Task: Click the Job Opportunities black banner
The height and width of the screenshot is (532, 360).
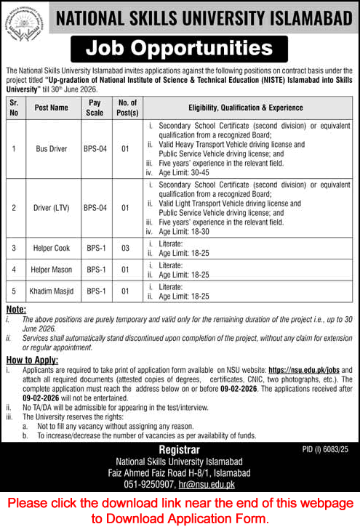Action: pos(179,49)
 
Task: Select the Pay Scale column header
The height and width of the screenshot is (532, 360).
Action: pos(95,108)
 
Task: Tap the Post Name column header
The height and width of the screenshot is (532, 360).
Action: pos(51,108)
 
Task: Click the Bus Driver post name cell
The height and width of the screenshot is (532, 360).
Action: pos(51,149)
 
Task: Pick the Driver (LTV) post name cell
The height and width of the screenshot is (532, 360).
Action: pos(51,207)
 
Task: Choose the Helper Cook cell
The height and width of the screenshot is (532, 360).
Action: pos(51,248)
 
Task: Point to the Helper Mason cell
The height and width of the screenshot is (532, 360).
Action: pos(51,270)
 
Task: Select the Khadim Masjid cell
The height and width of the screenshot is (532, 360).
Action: pos(51,291)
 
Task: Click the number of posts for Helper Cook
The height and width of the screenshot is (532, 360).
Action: pos(124,248)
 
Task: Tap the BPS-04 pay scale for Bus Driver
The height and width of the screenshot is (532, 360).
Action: pos(95,149)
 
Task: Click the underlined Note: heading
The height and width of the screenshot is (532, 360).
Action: pos(15,309)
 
